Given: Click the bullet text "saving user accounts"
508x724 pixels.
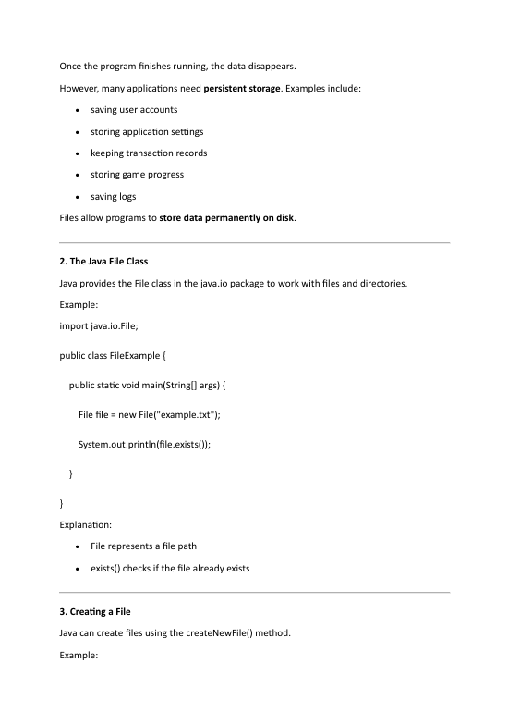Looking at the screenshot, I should click(x=134, y=110).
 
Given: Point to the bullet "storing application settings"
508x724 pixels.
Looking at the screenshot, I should click(x=147, y=131).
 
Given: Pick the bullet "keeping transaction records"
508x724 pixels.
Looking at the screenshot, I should click(x=149, y=153).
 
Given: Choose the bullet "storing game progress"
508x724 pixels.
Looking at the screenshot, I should click(x=137, y=175).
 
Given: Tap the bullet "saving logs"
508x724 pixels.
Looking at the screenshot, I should click(x=114, y=196).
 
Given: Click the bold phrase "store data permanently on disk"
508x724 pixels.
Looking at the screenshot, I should click(x=226, y=218).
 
